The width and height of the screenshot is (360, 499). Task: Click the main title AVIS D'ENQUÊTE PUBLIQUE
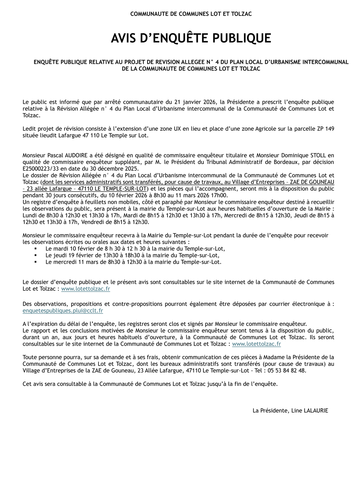click(191, 38)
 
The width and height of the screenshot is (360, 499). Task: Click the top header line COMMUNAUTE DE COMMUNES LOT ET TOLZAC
click(191, 14)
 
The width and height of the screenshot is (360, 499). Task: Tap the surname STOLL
click(318, 155)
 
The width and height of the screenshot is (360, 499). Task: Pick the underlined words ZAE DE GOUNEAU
click(312, 182)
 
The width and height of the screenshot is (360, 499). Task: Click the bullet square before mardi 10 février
click(36, 249)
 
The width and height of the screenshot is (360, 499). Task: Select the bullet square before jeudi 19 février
click(36, 255)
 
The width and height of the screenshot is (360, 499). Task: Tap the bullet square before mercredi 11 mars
click(36, 262)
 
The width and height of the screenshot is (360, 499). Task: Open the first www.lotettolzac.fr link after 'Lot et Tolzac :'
click(85, 289)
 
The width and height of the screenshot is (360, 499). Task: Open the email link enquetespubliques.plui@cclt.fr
click(63, 311)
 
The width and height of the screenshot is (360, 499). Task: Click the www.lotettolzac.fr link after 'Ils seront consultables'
click(256, 344)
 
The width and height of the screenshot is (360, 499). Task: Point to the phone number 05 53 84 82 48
click(286, 371)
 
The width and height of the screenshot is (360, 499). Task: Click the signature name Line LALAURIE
click(309, 411)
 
